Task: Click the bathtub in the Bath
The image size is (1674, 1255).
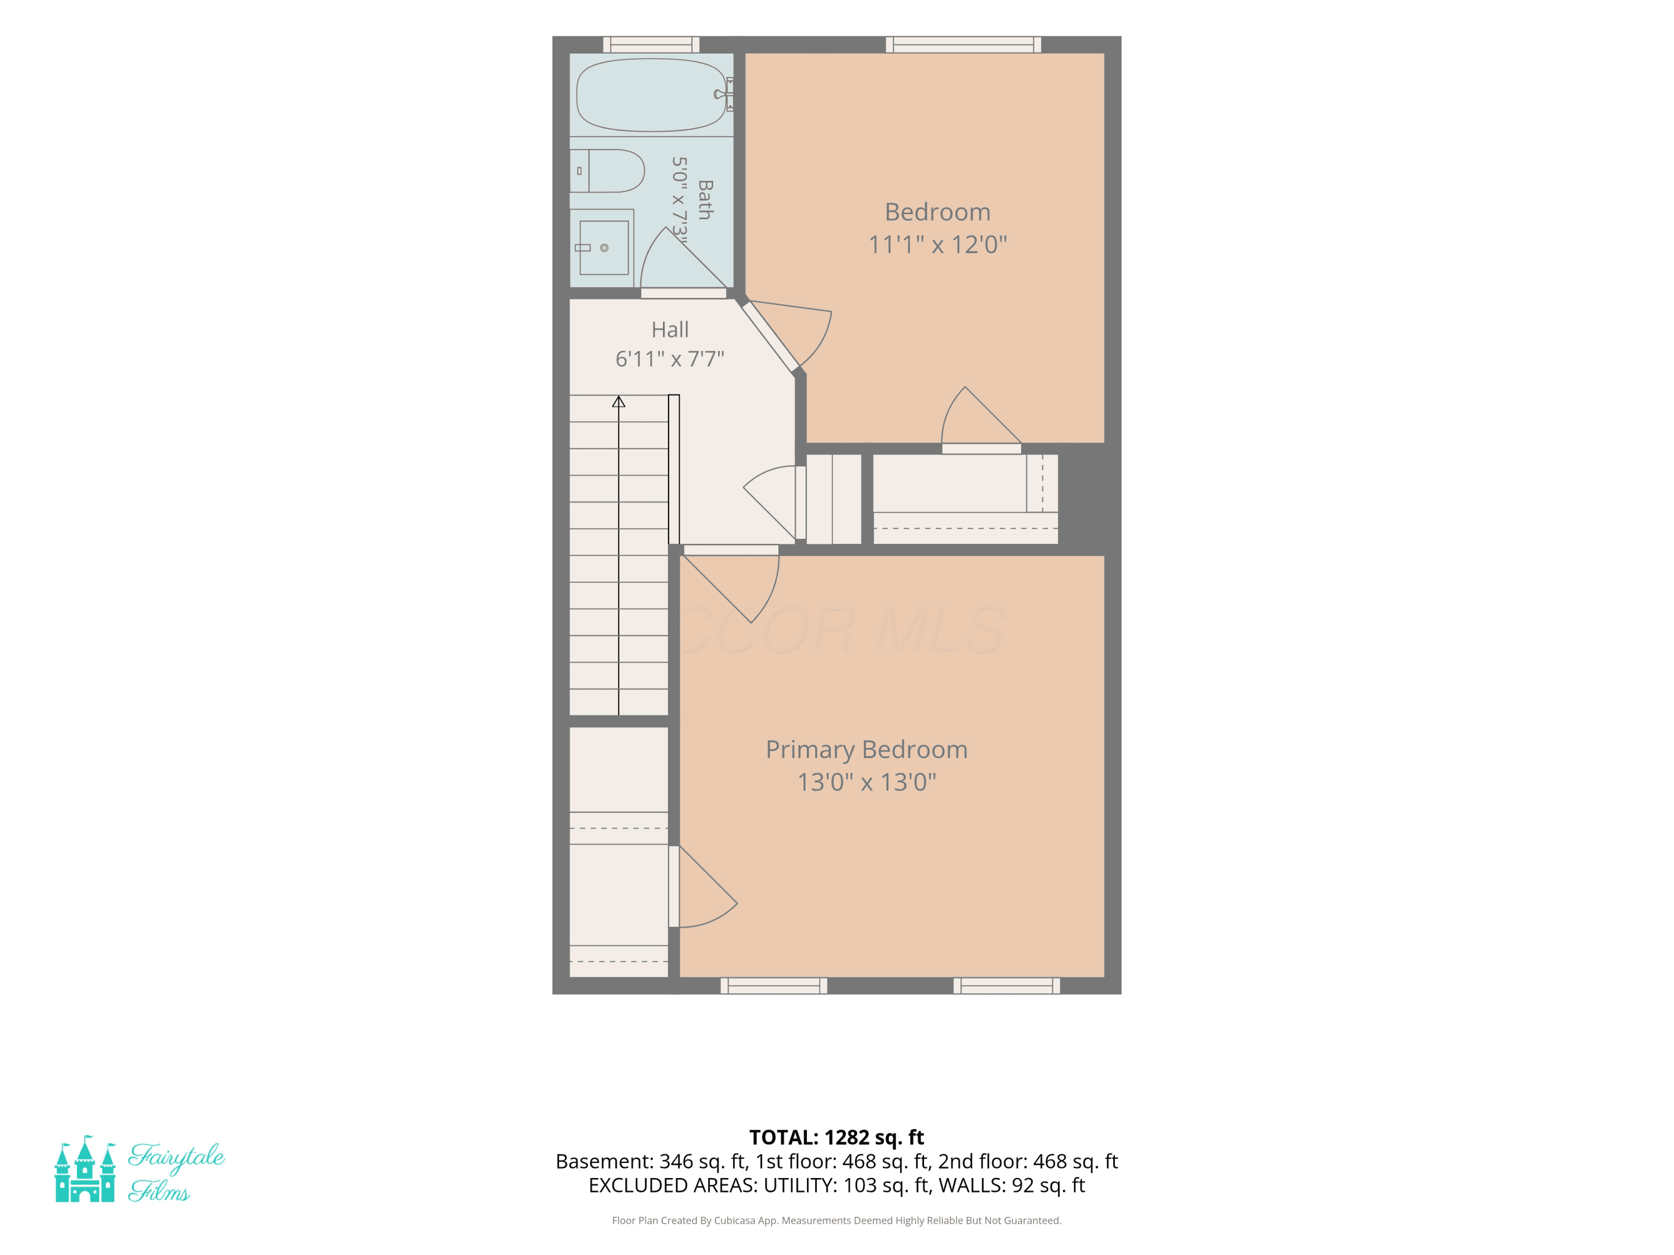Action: tap(651, 95)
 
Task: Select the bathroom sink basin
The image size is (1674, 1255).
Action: tap(604, 247)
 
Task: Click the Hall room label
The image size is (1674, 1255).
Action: tap(670, 330)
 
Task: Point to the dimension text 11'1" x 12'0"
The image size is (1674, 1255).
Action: tap(937, 245)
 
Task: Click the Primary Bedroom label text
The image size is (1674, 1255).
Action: tap(867, 750)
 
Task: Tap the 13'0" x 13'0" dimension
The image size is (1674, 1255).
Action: tap(867, 781)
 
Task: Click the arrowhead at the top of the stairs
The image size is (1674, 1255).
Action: tap(618, 402)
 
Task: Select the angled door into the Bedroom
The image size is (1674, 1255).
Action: tap(787, 337)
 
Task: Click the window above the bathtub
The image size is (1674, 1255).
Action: tap(651, 45)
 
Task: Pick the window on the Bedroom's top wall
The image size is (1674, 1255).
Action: tap(963, 45)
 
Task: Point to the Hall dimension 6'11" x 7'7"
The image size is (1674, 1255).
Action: tap(670, 359)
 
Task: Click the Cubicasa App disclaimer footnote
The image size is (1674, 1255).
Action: tap(836, 1220)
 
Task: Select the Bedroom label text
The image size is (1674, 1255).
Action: tap(937, 212)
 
